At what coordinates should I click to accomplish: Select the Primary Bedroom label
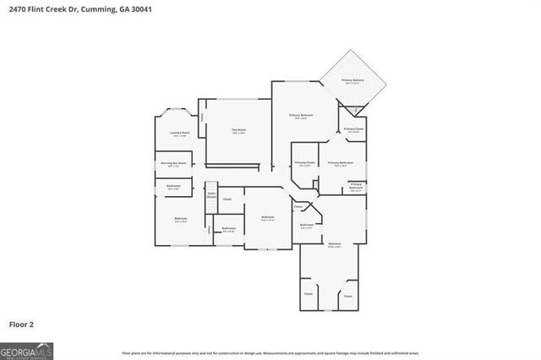(301, 116)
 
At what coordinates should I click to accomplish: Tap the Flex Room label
(238, 130)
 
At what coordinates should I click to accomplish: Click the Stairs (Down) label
(211, 194)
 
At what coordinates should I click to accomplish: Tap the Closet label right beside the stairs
(227, 199)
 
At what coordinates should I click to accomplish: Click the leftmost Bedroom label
(180, 220)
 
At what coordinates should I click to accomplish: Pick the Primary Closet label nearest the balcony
(352, 129)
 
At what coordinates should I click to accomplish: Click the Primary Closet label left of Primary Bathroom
(304, 163)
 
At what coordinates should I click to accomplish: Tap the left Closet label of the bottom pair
(309, 294)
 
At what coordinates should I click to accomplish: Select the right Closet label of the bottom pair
(347, 296)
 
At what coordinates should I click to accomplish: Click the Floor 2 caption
(22, 324)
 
